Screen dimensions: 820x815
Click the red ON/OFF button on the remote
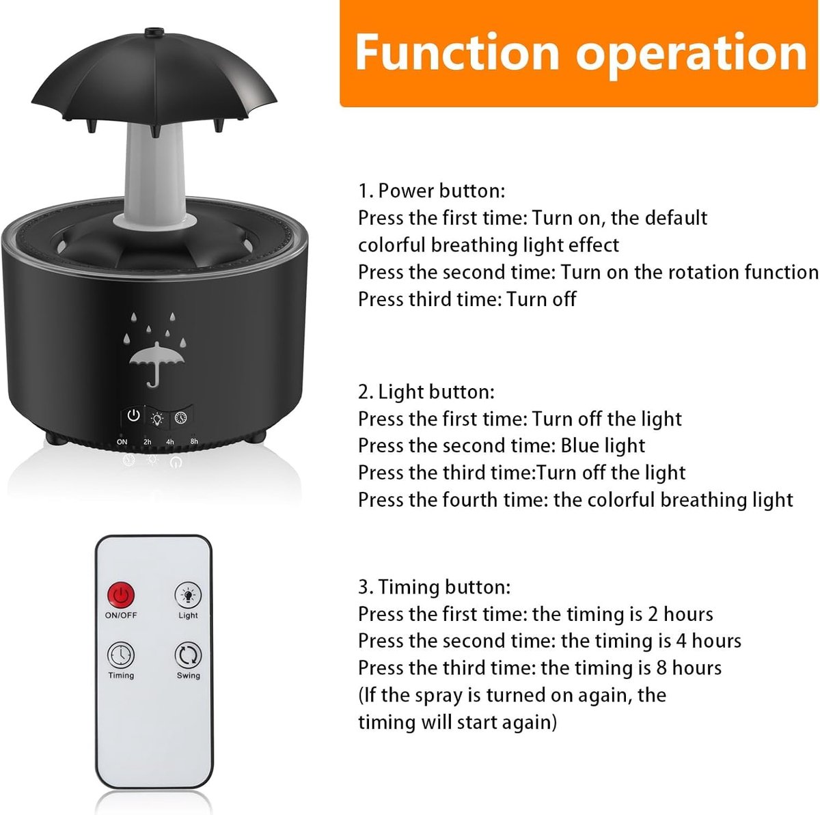tap(121, 595)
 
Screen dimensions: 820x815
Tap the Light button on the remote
tap(188, 595)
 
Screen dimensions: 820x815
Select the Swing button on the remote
tap(188, 655)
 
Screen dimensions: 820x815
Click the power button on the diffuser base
tap(134, 415)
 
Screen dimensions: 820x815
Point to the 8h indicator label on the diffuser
tap(194, 441)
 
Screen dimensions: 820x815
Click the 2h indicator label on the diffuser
tap(147, 442)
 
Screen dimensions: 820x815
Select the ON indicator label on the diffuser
tap(122, 442)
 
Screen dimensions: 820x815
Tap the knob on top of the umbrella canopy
tap(154, 32)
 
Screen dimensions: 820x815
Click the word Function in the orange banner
tap(456, 53)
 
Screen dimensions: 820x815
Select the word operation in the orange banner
tap(692, 55)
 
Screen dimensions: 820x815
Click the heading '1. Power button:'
tap(431, 191)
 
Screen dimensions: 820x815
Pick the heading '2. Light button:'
tap(426, 392)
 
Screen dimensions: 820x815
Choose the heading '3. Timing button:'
tap(434, 587)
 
